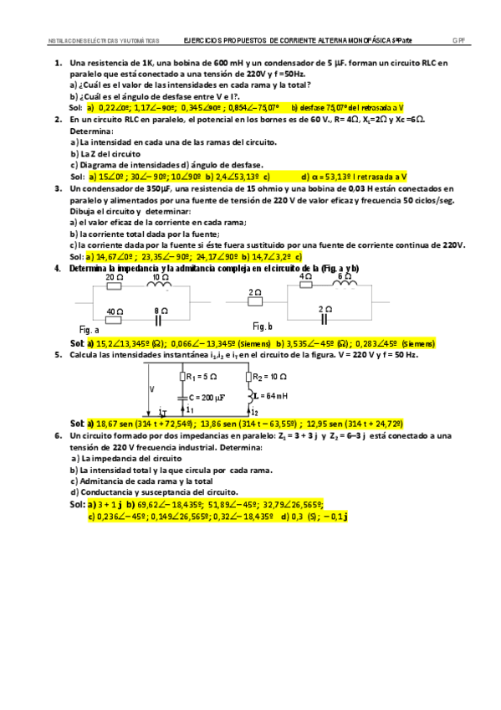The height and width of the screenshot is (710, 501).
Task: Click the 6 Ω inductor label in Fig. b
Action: [344, 275]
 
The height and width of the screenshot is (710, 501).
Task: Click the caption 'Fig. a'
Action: [89, 329]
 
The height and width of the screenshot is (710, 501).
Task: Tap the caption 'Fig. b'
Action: [262, 325]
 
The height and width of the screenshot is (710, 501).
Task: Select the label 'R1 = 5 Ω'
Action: [200, 377]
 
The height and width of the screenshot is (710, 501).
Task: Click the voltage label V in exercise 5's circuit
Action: [151, 389]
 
